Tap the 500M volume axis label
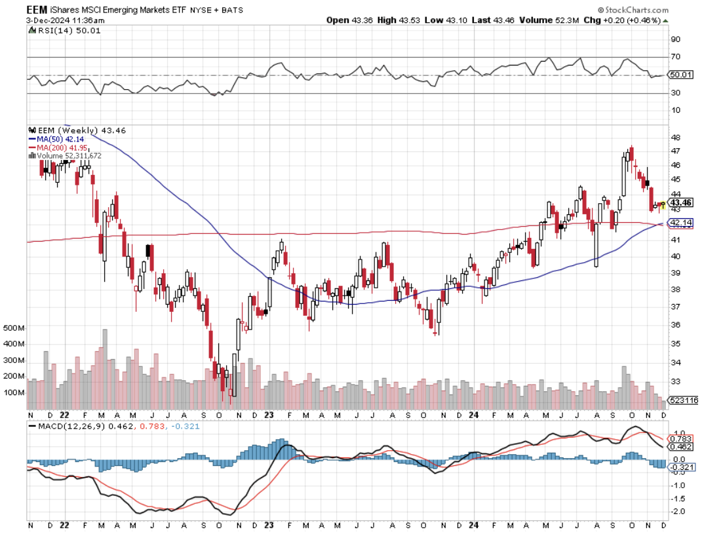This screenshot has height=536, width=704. (13, 328)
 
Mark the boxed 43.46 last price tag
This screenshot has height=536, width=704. (680, 202)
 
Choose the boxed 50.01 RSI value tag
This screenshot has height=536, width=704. (680, 75)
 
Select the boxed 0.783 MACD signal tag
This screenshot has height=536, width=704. (680, 438)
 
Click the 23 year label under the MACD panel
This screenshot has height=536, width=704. (270, 526)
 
